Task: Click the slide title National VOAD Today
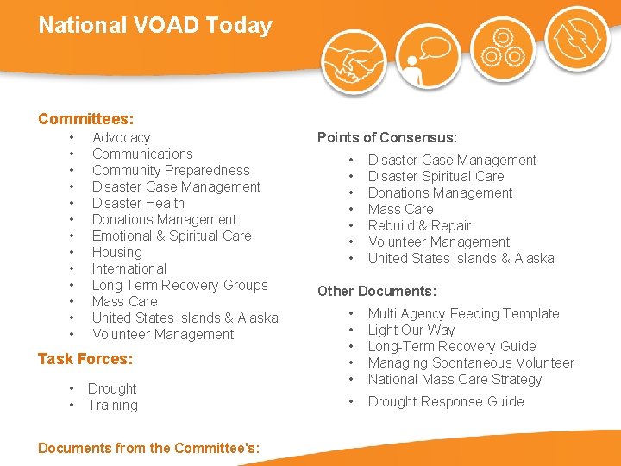click(155, 25)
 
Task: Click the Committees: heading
click(86, 119)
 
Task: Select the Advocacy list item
click(121, 137)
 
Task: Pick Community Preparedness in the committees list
click(171, 170)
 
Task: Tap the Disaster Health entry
click(138, 203)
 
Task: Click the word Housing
click(117, 252)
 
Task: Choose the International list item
click(129, 268)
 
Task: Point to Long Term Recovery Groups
click(179, 285)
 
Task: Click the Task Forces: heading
click(85, 359)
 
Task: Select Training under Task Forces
click(112, 405)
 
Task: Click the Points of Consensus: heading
click(386, 137)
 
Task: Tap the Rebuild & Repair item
click(419, 225)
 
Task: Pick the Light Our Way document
click(411, 330)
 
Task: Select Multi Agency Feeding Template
click(463, 313)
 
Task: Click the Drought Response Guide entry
click(446, 401)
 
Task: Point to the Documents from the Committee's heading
click(149, 447)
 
